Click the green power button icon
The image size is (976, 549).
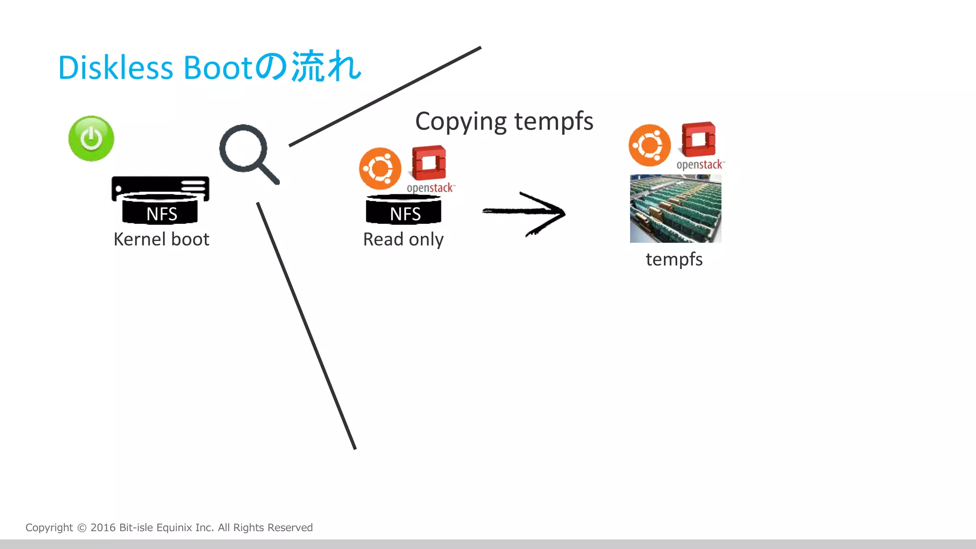(91, 139)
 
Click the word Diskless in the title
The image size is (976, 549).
(115, 67)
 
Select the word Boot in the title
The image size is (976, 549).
(217, 67)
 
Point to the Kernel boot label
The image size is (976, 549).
(161, 239)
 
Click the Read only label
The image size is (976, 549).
(403, 239)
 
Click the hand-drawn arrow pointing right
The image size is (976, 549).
(524, 213)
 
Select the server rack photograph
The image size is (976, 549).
(675, 209)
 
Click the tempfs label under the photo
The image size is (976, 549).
(674, 260)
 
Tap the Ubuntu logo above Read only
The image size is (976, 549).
(380, 169)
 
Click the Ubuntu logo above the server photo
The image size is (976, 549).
(649, 145)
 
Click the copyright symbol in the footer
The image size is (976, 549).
(82, 528)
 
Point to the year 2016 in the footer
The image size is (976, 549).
(103, 528)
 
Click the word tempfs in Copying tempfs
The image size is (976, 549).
(554, 121)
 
